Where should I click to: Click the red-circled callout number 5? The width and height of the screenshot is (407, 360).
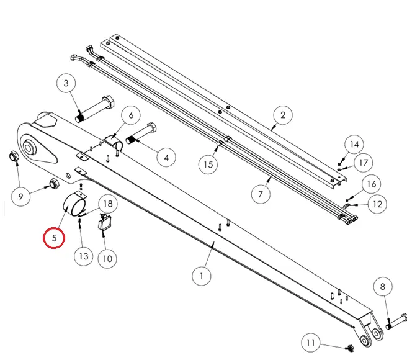54,238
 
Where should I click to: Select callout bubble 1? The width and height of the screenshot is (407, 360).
202,276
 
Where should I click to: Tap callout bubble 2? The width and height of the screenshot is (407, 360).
283,115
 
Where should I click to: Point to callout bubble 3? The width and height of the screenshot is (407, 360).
66,83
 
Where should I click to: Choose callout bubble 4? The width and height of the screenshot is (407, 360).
166,158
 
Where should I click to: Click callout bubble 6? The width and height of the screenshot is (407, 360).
131,115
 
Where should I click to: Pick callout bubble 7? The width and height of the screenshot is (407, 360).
261,194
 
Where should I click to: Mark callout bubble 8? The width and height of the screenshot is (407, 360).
383,287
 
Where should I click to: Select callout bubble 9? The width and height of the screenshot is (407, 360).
20,196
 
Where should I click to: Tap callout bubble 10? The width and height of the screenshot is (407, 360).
108,259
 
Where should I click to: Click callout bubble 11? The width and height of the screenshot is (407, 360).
311,343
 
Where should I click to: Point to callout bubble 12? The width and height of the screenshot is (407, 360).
377,204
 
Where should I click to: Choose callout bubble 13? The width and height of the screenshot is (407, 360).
84,256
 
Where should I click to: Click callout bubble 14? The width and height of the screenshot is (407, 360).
354,145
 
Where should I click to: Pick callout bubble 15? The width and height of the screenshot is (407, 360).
208,164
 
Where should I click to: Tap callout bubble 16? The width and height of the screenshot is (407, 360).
372,184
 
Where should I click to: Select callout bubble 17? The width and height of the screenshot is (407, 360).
364,163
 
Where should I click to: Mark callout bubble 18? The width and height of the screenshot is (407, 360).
108,204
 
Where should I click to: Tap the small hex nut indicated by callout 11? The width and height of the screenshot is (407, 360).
350,348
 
